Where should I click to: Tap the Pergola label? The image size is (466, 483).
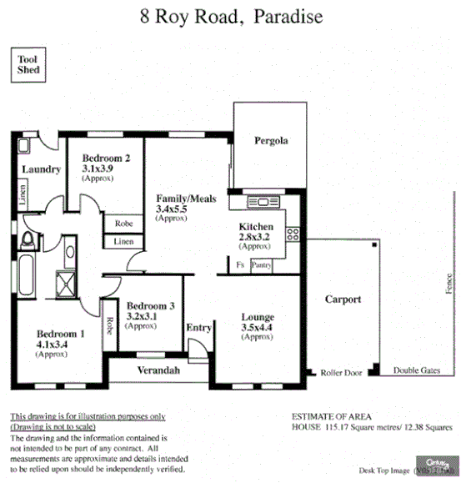(271, 141)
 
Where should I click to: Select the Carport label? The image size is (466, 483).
(343, 299)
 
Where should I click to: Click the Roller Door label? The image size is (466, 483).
(341, 373)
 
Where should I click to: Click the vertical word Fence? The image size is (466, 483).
(448, 283)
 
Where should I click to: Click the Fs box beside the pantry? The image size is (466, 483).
(240, 264)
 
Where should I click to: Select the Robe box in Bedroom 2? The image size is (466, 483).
(123, 224)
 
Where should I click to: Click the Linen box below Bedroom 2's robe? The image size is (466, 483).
(123, 242)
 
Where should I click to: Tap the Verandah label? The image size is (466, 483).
(158, 370)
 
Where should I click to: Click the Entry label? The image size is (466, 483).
(198, 327)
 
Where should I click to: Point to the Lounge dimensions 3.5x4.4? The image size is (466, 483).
(257, 329)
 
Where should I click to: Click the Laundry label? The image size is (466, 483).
(41, 169)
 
